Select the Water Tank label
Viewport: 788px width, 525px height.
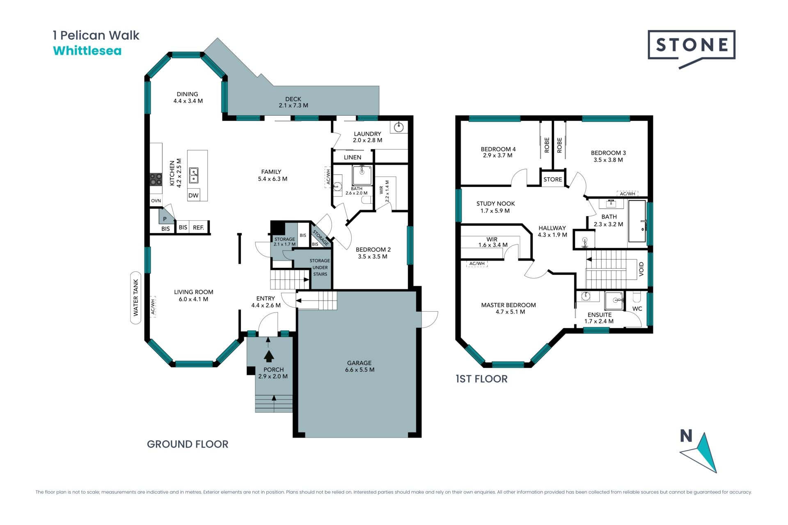click(136, 298)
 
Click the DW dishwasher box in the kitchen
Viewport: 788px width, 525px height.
click(193, 195)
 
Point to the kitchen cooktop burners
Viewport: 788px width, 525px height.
click(156, 179)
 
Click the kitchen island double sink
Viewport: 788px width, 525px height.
click(194, 175)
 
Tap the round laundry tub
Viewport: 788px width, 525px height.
click(399, 127)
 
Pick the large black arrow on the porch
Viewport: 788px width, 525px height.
click(269, 356)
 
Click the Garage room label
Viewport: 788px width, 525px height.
click(360, 366)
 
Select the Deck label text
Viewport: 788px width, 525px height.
click(293, 102)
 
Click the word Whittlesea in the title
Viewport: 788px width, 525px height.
click(87, 51)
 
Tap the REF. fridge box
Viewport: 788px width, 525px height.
click(199, 228)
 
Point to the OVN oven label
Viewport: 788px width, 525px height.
click(156, 201)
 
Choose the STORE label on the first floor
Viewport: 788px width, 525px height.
click(553, 179)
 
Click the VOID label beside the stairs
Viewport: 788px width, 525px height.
click(641, 269)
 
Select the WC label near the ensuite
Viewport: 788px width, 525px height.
click(637, 308)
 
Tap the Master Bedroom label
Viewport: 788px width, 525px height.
click(509, 308)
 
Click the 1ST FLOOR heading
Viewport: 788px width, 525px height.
click(482, 379)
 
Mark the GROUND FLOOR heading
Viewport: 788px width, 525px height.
click(188, 444)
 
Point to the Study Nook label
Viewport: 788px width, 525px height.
click(495, 207)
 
